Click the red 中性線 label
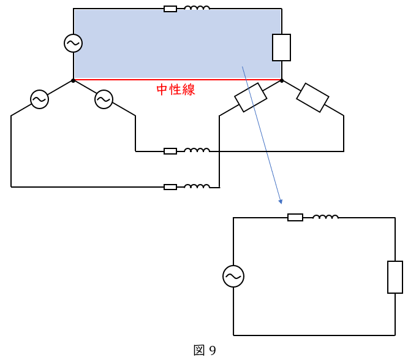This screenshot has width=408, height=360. (175, 90)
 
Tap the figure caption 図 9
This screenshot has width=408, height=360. (205, 350)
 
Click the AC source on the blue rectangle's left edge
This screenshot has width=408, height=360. (74, 43)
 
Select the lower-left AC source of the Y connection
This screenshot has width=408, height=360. (40, 99)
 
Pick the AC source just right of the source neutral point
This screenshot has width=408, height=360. (104, 99)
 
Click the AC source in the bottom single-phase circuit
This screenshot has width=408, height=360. (233, 276)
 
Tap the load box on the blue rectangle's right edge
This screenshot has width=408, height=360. (281, 47)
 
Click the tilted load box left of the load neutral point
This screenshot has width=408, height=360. (250, 98)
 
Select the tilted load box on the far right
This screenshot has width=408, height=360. (313, 98)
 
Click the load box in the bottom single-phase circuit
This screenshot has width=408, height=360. (395, 277)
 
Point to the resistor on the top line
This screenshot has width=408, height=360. (170, 9)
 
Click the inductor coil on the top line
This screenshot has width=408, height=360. (197, 8)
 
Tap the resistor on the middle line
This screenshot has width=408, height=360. (170, 151)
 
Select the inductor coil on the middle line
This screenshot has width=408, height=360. (197, 150)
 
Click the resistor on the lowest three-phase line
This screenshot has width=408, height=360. (170, 187)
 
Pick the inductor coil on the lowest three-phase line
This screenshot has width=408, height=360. (197, 186)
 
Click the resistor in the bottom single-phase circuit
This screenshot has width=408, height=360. (295, 217)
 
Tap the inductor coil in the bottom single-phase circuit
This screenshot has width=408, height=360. (325, 216)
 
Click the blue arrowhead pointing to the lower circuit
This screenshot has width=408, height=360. (280, 201)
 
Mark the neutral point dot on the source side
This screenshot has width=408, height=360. (74, 80)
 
